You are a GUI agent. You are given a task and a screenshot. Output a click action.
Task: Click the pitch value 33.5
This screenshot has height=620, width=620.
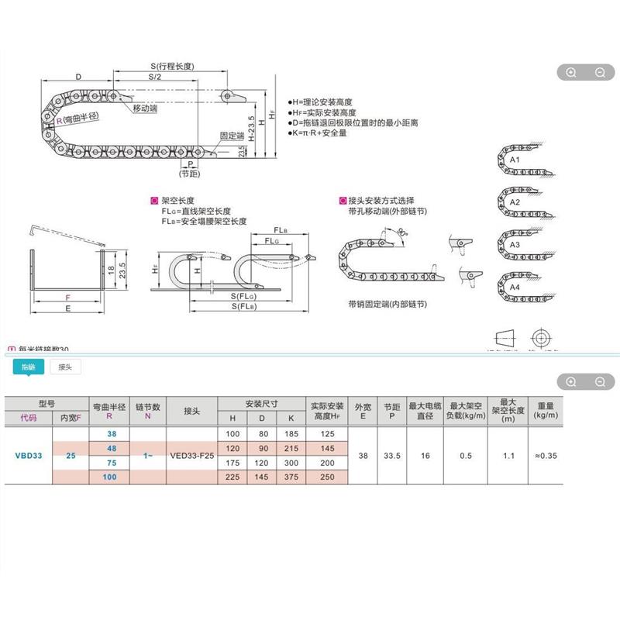[x=391, y=456]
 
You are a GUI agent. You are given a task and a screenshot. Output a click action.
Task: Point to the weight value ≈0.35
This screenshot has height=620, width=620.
[x=545, y=456]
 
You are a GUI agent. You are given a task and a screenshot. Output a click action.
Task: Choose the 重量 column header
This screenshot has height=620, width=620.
[x=545, y=411]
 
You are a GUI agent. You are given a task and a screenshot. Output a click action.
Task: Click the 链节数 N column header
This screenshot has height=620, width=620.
[x=147, y=411]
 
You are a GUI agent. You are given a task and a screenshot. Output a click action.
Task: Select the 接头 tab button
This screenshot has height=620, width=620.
[x=65, y=367]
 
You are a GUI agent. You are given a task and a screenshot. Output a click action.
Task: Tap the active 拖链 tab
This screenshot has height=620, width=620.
[x=29, y=367]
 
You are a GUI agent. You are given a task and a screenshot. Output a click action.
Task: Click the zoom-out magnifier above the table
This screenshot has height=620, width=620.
[x=599, y=381]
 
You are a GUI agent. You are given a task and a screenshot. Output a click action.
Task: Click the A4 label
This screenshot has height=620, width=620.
[x=514, y=287]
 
